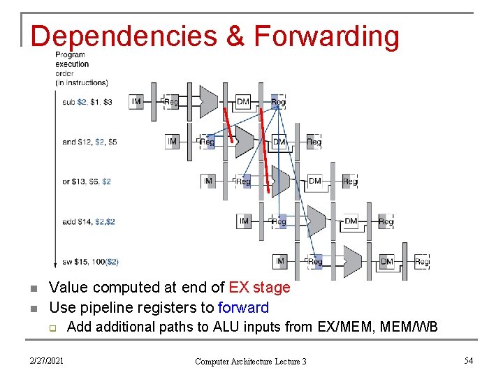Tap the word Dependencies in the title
pyautogui.click(x=124, y=36)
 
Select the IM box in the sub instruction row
pyautogui.click(x=136, y=102)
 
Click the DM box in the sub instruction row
pyautogui.click(x=243, y=102)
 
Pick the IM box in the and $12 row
pyautogui.click(x=173, y=142)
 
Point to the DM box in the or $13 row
pyautogui.click(x=315, y=182)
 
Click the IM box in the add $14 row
pyautogui.click(x=244, y=221)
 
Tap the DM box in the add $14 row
pyautogui.click(x=351, y=221)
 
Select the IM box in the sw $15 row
pyautogui.click(x=280, y=261)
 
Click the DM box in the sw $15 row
pyautogui.click(x=387, y=262)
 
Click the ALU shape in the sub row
pyautogui.click(x=210, y=102)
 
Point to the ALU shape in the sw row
pyautogui.click(x=353, y=262)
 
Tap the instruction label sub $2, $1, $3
pyautogui.click(x=87, y=102)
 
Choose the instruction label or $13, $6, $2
pyautogui.click(x=87, y=182)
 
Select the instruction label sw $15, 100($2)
pyautogui.click(x=90, y=262)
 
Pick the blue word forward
pyautogui.click(x=243, y=307)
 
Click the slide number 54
pyautogui.click(x=469, y=360)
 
